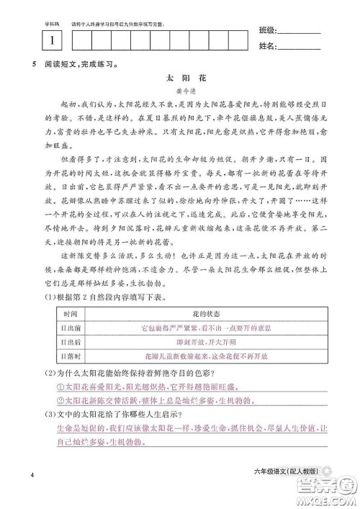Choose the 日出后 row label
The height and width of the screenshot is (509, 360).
click(x=71, y=342)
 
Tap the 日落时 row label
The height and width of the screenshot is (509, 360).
click(x=71, y=356)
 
